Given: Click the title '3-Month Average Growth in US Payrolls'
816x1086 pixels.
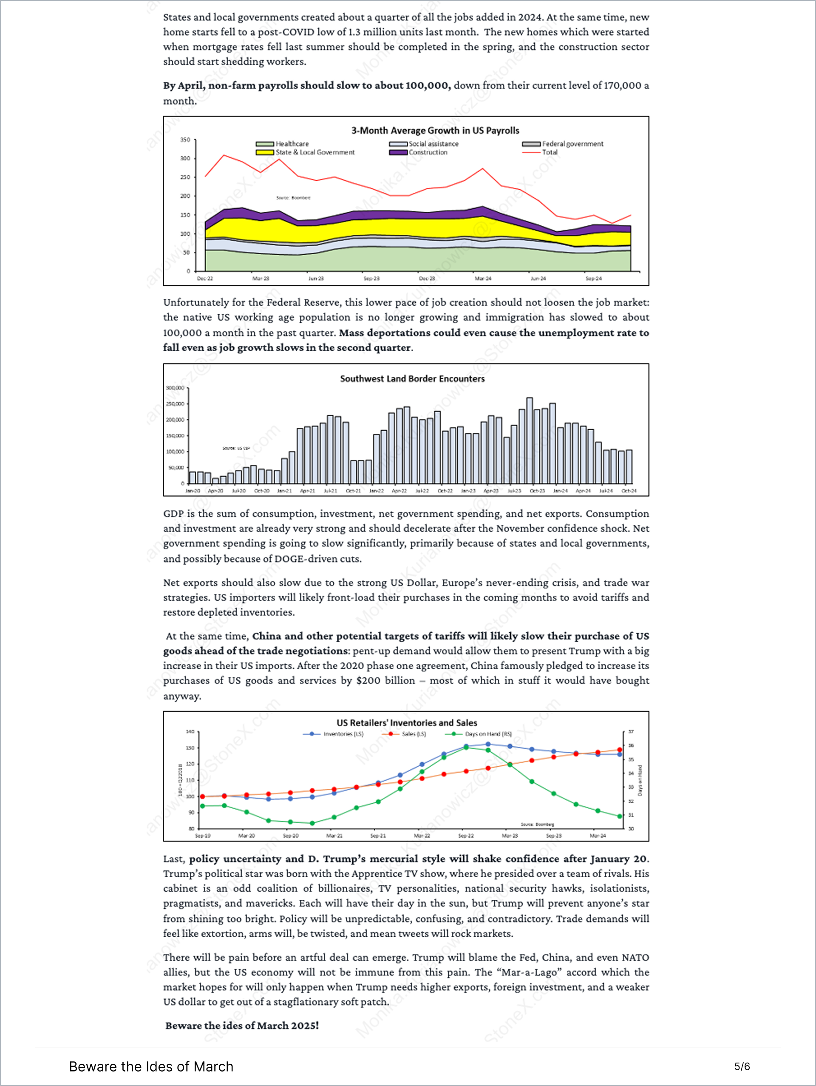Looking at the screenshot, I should click(x=435, y=131).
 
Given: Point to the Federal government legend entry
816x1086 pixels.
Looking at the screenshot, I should click(x=572, y=144).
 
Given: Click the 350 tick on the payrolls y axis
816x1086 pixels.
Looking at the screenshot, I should click(x=185, y=140).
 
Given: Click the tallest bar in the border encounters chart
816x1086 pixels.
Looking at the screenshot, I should click(x=529, y=441).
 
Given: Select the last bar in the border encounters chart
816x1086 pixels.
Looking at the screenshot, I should click(x=629, y=466).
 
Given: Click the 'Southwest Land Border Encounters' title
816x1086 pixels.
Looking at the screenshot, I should click(x=412, y=378).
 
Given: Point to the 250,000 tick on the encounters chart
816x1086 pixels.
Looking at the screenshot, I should click(x=175, y=404).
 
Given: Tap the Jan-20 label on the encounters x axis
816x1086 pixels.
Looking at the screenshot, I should click(x=193, y=490).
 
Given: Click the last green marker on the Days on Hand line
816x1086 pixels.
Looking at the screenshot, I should click(x=620, y=816).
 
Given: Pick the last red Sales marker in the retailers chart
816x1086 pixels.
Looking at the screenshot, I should click(x=620, y=750).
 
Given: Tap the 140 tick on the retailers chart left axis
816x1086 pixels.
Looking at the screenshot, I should click(x=190, y=731).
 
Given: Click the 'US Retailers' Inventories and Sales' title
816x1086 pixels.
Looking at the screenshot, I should click(x=407, y=723).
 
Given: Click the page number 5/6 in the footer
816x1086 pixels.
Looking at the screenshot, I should click(x=742, y=1066).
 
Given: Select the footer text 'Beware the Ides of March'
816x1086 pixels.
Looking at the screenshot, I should click(x=151, y=1066).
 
